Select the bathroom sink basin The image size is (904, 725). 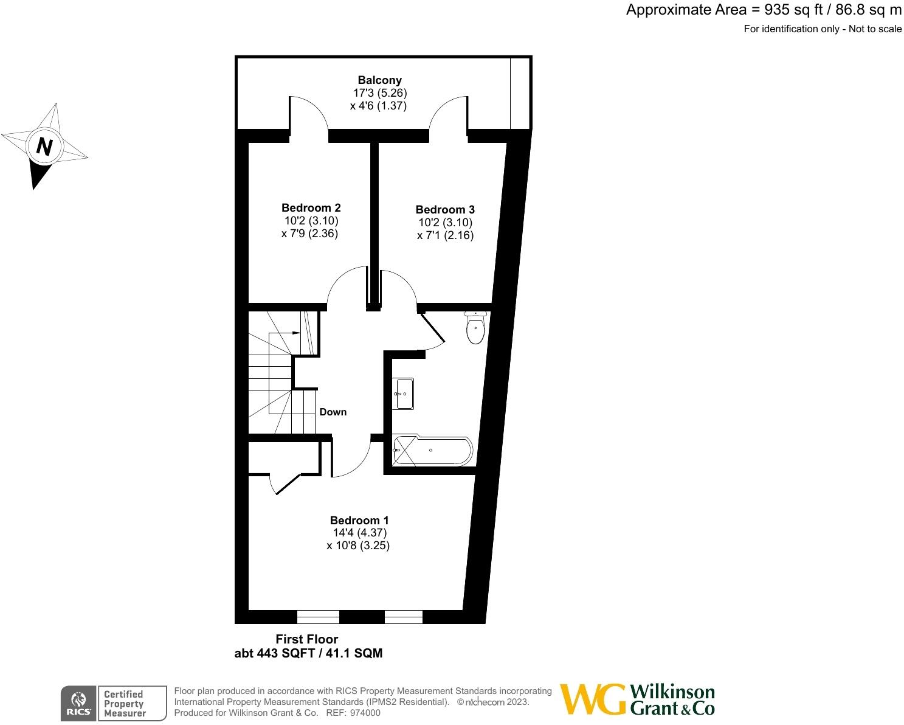coord(404,394)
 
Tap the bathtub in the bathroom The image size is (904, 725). coord(432,451)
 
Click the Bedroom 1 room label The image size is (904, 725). coord(359,520)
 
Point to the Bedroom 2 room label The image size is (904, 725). coord(311,208)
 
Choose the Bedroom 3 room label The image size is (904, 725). coord(445,210)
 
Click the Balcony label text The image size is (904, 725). coord(379,80)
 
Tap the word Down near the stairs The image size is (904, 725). coord(333,412)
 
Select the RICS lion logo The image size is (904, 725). coord(78,702)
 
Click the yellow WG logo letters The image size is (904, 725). coord(592,699)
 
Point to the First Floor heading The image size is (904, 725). coord(306,639)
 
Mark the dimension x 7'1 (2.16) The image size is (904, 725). coord(445,235)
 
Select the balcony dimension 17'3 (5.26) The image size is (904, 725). coord(379,93)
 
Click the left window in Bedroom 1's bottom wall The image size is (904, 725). coord(318,617)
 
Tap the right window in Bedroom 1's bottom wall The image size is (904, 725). coord(404,617)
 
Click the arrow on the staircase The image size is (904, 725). coord(295,333)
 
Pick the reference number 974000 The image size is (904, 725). coord(362,713)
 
